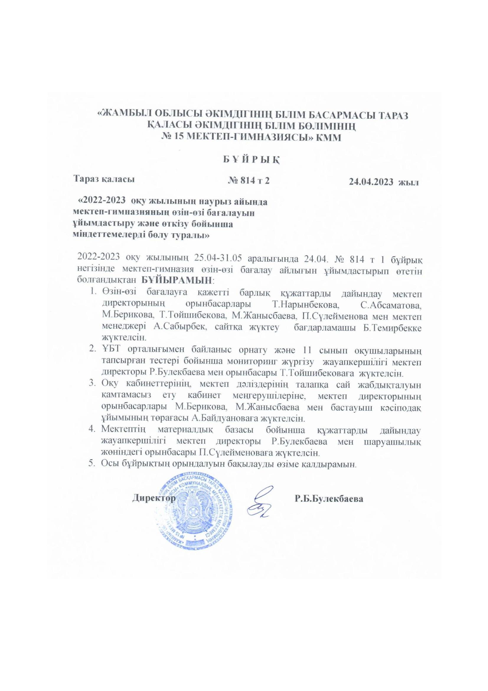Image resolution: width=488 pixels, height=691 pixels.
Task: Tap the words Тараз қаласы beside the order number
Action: pyautogui.click(x=104, y=179)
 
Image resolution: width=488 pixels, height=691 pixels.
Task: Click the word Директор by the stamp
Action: pyautogui.click(x=154, y=498)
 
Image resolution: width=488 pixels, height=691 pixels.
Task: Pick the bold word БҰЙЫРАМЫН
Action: pyautogui.click(x=177, y=280)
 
